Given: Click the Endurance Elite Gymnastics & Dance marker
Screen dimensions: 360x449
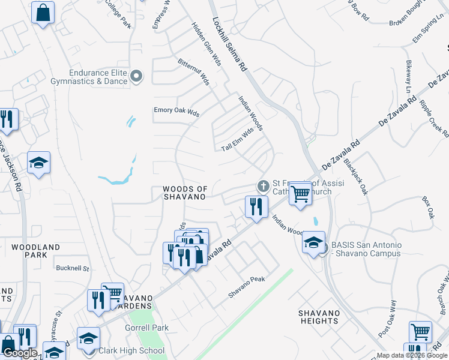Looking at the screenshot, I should coord(136,76).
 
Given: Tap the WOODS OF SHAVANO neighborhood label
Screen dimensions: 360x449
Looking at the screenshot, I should coord(184,193).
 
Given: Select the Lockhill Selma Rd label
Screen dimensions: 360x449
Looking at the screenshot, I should coord(230,45).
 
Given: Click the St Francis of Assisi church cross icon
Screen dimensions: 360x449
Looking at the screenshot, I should coord(262,184).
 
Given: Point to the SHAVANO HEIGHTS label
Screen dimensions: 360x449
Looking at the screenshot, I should coord(319,317).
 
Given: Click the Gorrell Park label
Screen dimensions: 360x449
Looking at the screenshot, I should coord(146,328).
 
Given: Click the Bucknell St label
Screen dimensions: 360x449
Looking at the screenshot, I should coord(72,268).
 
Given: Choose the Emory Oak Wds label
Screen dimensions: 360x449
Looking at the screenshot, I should coord(176,110).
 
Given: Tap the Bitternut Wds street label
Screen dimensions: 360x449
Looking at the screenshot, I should coord(193,71).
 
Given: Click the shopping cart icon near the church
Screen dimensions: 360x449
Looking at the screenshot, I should coord(300,194).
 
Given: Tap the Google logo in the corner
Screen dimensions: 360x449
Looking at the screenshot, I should coord(20,353).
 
